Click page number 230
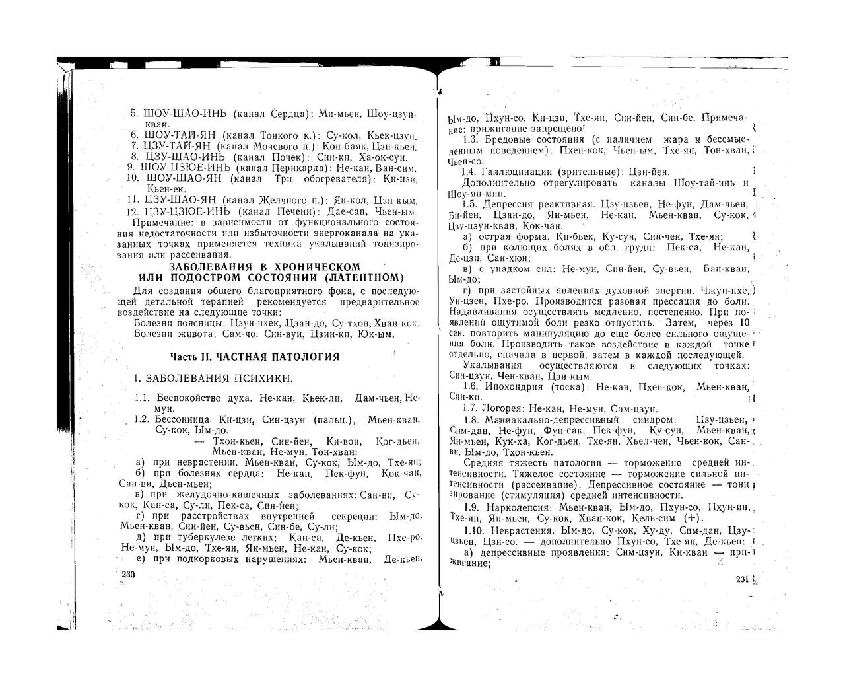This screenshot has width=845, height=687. [128, 575]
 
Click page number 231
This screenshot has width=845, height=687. [742, 579]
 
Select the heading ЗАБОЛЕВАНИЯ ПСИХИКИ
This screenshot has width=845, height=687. [219, 379]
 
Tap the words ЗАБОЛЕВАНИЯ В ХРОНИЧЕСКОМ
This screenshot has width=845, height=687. [265, 266]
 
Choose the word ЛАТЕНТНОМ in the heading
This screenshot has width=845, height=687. [370, 277]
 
